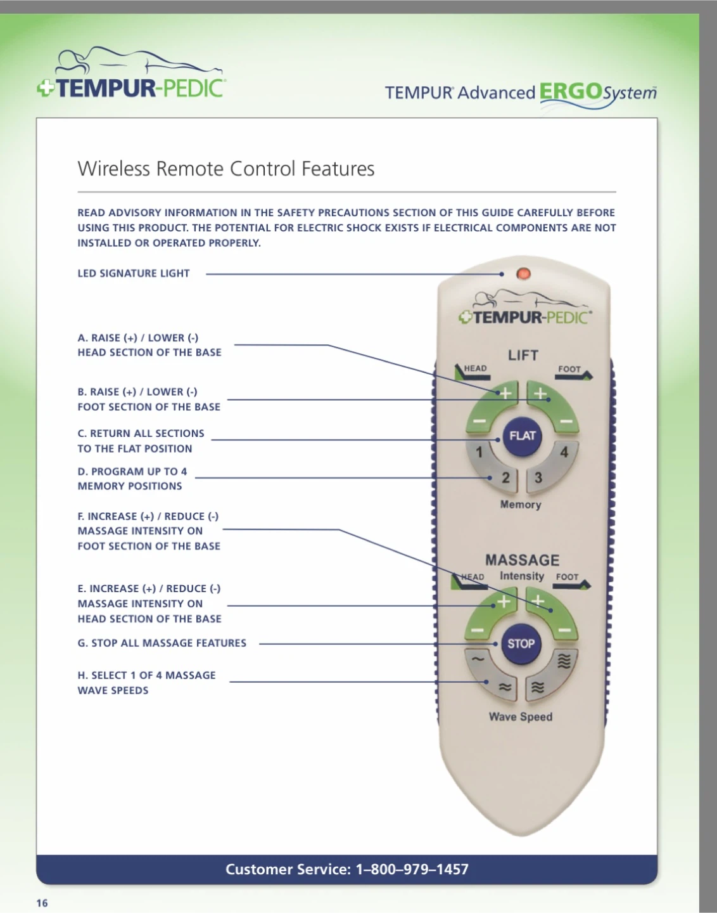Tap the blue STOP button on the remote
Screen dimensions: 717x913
(521, 644)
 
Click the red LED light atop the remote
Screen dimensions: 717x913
(524, 274)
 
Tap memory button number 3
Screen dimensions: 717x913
(540, 479)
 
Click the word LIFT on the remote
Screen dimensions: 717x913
(523, 355)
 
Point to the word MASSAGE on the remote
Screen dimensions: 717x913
(522, 560)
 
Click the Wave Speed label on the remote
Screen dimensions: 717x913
(521, 716)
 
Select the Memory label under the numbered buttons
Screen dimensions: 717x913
(521, 505)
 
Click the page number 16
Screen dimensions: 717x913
(42, 903)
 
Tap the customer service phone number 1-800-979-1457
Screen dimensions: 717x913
(412, 869)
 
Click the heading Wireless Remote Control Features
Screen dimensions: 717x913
(226, 169)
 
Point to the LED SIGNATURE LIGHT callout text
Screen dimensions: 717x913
(134, 273)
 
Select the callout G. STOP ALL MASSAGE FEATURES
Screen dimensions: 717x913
(162, 643)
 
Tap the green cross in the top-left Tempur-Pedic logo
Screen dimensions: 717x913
(46, 88)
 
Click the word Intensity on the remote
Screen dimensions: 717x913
(522, 576)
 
